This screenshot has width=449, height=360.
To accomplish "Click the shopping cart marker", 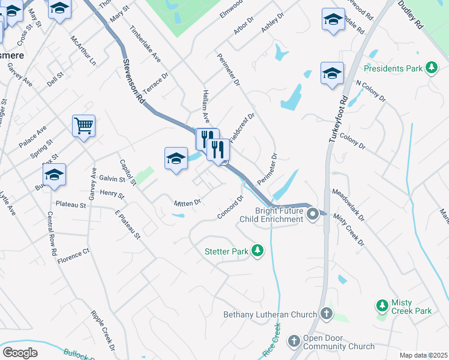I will [83, 126].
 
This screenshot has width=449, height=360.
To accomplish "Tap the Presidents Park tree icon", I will [431, 68].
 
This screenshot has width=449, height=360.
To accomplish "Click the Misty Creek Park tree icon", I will [382, 306].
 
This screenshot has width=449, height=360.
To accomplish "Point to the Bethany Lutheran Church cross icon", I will [326, 313].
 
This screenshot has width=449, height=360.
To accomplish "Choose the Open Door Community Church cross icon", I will [294, 341].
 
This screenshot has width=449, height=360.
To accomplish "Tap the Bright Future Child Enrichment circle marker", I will [312, 214].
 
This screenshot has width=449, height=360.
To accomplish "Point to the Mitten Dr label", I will [187, 203].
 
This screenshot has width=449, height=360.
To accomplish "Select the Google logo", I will [20, 353].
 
